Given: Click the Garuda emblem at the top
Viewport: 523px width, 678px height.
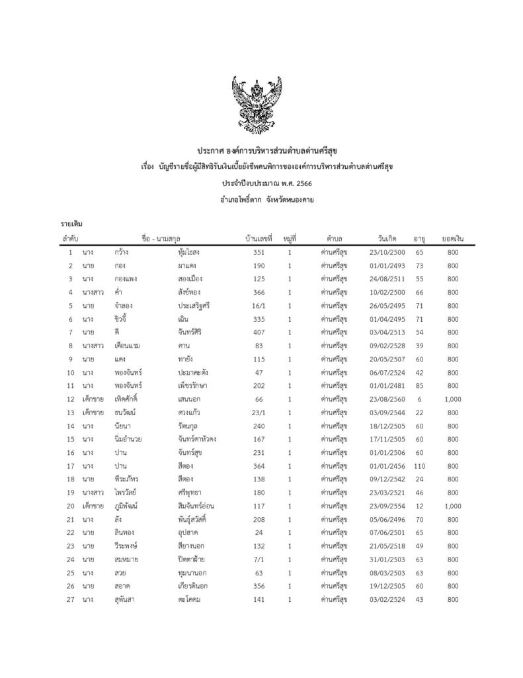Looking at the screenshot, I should click(x=261, y=104).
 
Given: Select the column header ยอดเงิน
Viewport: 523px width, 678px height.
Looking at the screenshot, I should click(x=452, y=238).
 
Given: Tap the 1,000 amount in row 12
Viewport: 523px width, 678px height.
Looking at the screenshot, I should click(x=452, y=399).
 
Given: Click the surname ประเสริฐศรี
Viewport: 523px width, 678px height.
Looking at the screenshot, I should click(x=189, y=305).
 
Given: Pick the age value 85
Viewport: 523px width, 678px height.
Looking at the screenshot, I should click(x=419, y=386).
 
